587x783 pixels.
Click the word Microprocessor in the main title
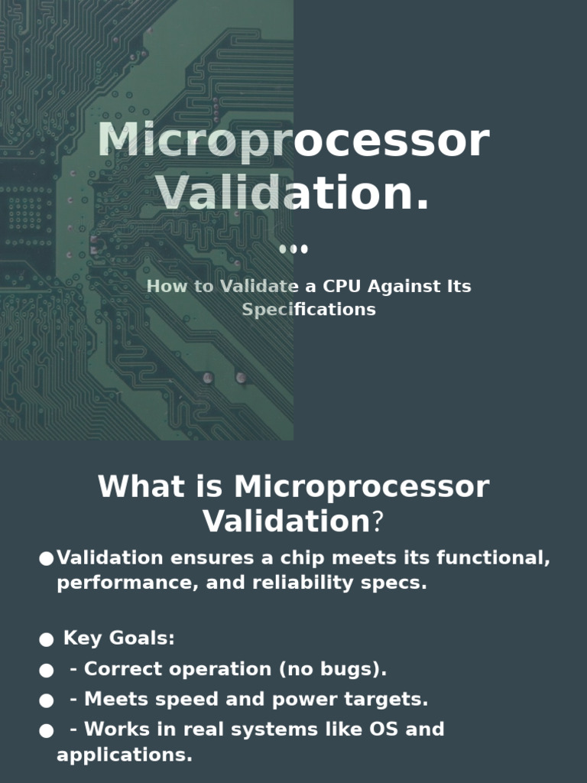293,142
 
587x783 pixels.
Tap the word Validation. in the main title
293,193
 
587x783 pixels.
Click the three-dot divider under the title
293,249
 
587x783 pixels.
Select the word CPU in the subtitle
342,287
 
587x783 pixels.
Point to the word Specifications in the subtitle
309,310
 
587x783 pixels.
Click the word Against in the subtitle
400,287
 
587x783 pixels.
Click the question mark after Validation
376,522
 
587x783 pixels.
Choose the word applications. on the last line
124,755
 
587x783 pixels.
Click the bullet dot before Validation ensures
46,559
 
